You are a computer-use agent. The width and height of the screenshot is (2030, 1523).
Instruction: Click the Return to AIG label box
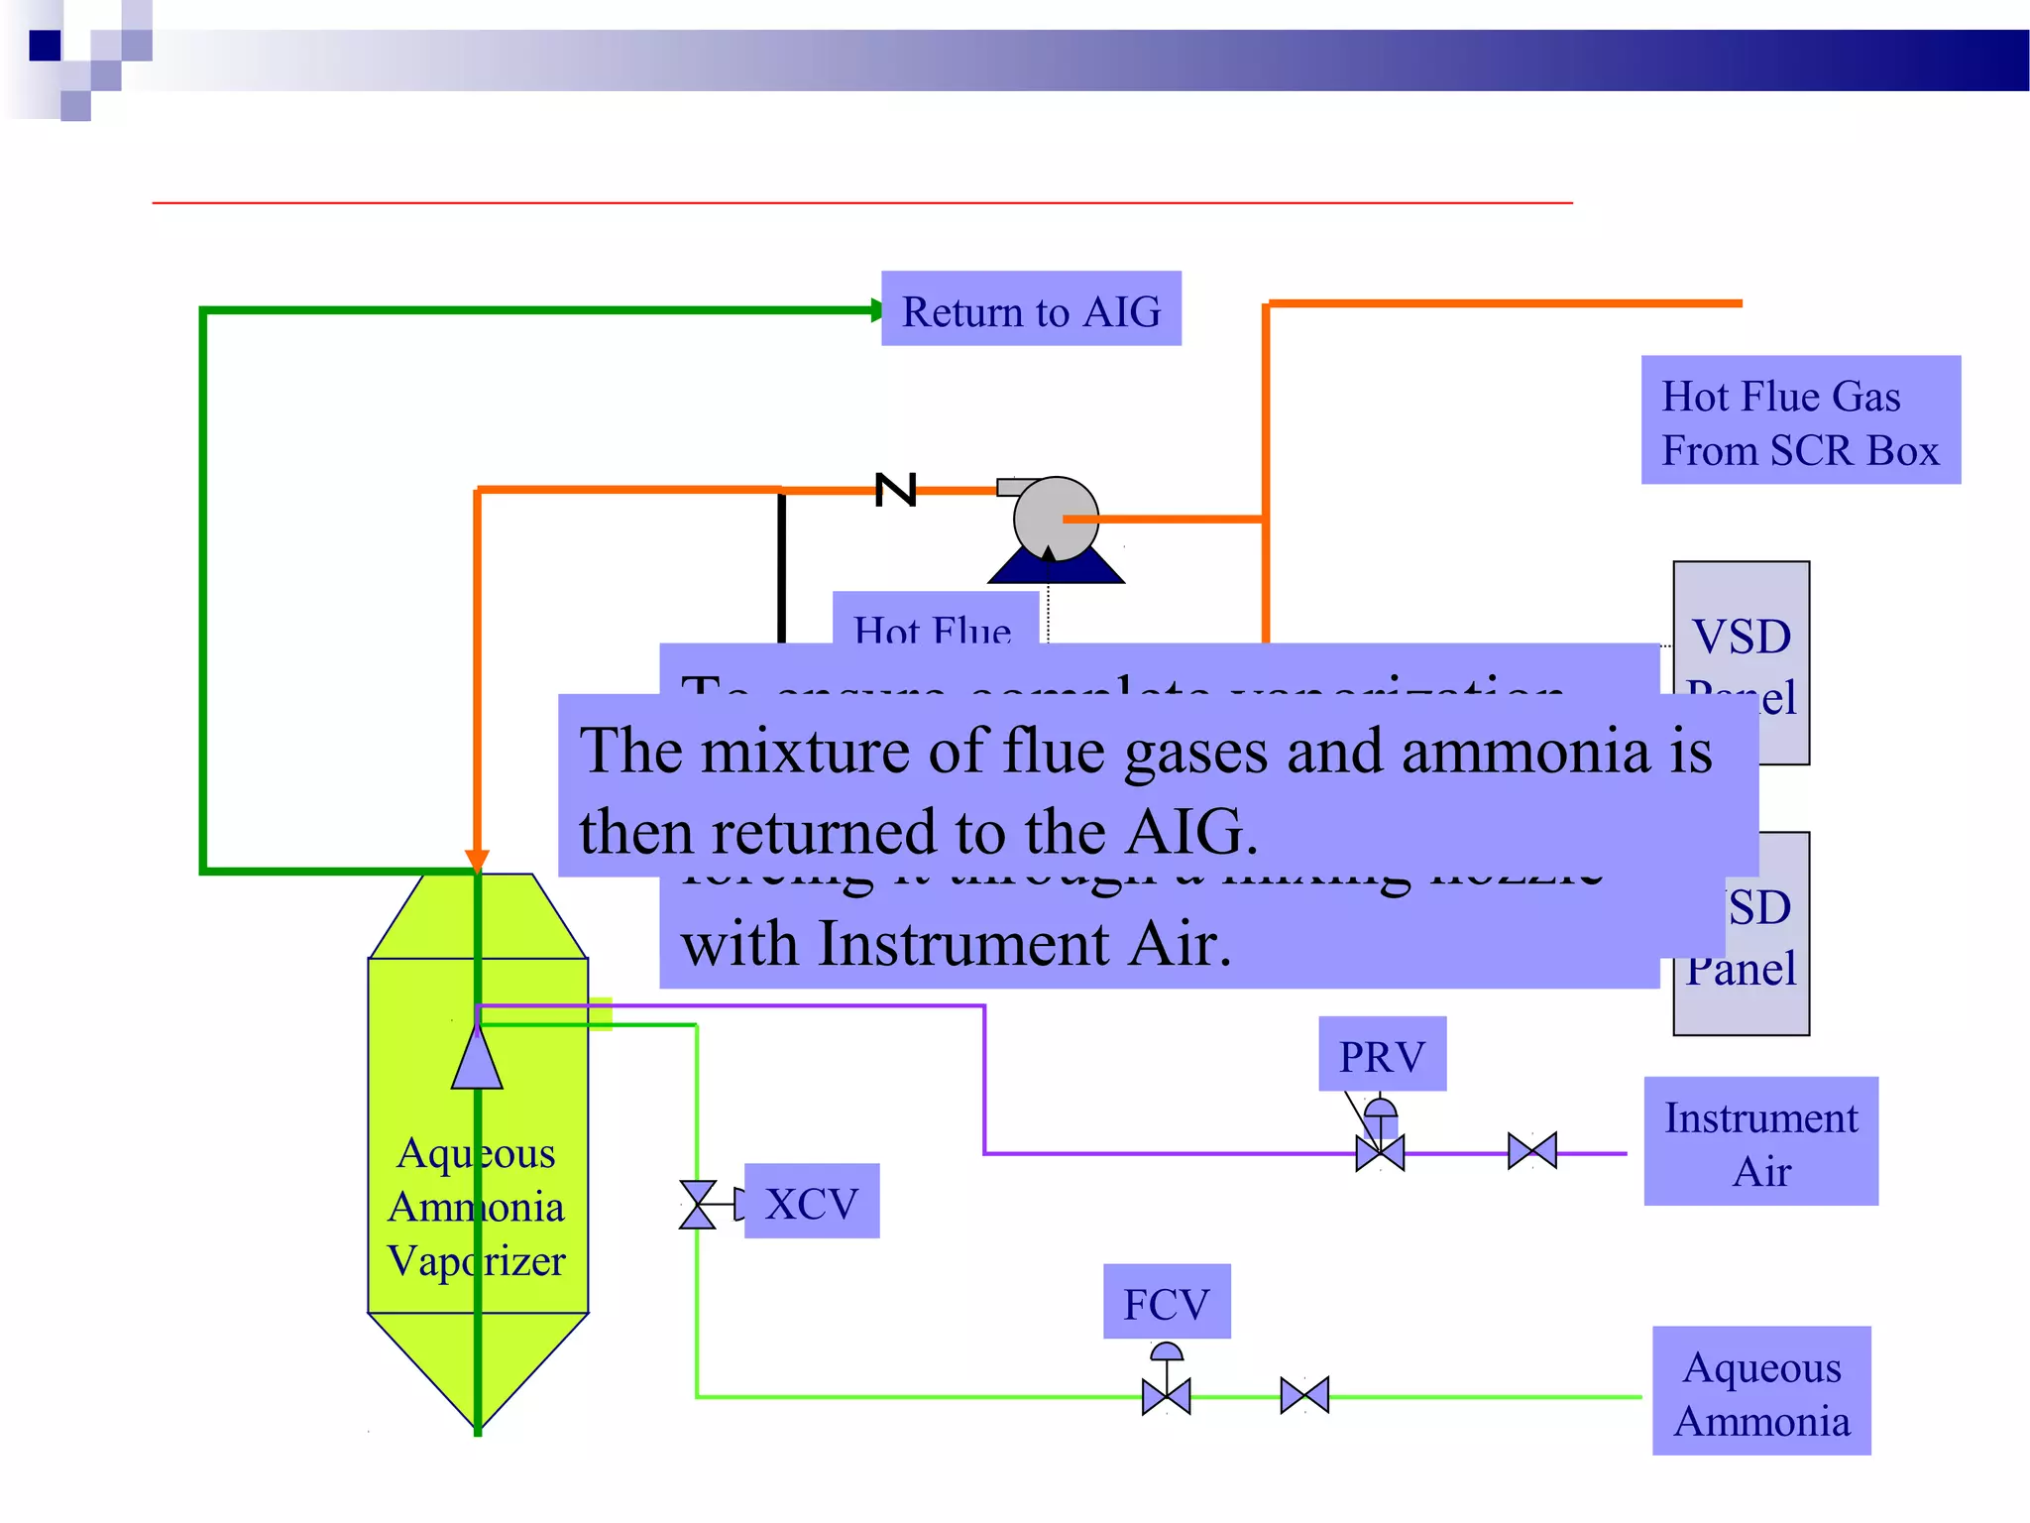click(x=1031, y=308)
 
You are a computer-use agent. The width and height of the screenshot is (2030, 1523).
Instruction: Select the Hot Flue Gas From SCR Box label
click(x=1800, y=420)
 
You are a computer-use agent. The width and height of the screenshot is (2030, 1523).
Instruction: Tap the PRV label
click(x=1382, y=1054)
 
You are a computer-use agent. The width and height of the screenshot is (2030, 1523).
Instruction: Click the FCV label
click(x=1167, y=1301)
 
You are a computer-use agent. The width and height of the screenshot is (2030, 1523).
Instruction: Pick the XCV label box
click(x=811, y=1201)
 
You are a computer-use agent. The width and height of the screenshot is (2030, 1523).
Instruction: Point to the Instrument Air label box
click(x=1760, y=1141)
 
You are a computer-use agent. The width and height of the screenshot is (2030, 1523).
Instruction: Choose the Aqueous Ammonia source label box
click(x=1761, y=1391)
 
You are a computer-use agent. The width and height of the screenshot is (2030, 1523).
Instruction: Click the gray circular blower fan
click(x=1056, y=519)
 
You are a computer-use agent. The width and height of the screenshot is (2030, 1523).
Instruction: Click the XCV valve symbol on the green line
click(x=698, y=1205)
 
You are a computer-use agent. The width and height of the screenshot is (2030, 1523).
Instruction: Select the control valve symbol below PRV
click(x=1380, y=1152)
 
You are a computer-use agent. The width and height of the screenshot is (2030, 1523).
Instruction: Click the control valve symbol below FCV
click(x=1167, y=1396)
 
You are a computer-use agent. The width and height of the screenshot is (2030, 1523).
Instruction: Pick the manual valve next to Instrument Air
click(x=1532, y=1151)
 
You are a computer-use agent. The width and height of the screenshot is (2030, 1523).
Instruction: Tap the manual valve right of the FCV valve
click(x=1304, y=1395)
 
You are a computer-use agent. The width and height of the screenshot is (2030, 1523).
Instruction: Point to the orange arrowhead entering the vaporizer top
click(x=477, y=860)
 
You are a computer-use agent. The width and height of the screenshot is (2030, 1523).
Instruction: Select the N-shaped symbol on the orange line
click(x=896, y=490)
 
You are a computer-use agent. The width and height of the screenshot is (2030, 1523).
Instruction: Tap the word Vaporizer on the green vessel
click(x=477, y=1261)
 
